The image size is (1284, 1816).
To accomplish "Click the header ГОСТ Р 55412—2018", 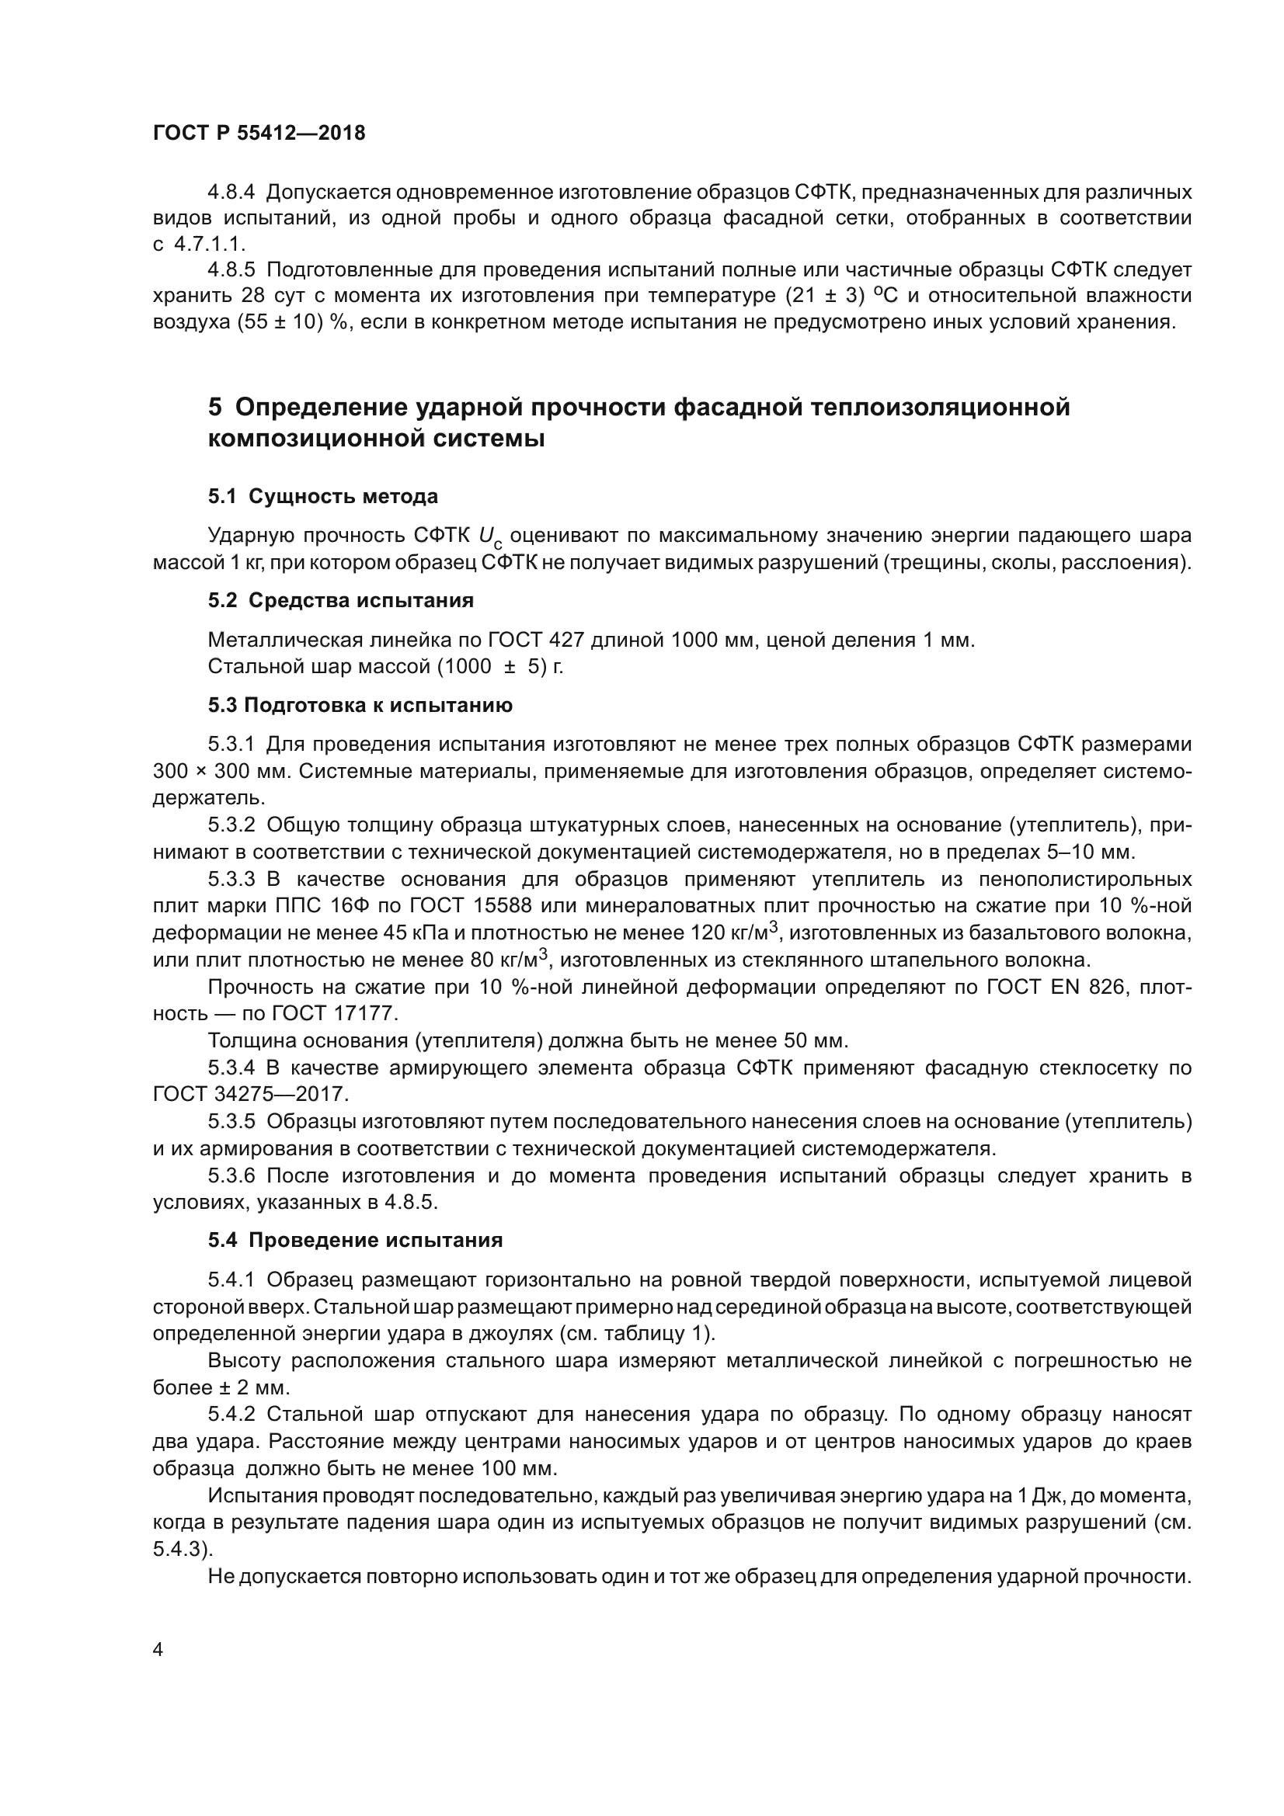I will (259, 133).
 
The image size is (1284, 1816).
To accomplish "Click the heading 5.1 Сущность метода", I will (323, 497).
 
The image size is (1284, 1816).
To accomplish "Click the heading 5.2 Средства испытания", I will (340, 600).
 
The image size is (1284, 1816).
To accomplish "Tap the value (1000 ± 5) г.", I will (500, 667).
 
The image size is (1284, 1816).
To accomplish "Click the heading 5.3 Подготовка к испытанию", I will (360, 706).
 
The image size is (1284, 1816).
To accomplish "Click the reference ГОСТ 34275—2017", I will (250, 1095).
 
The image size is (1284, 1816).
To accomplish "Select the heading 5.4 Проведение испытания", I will (355, 1240).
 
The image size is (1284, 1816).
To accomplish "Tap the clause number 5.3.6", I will (231, 1176).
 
